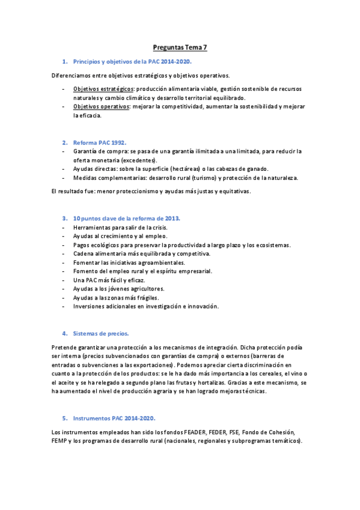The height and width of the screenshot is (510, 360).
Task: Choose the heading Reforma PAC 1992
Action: (x=99, y=143)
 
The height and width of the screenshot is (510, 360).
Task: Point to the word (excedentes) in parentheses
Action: (x=138, y=160)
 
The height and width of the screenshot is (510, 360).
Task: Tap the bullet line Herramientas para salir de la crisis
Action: (x=120, y=227)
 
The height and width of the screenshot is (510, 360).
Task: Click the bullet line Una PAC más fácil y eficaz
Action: (x=109, y=280)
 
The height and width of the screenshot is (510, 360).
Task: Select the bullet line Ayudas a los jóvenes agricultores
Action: (x=118, y=289)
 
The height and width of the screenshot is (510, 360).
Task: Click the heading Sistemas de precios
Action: (x=100, y=333)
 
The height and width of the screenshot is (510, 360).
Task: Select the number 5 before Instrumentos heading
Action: (x=64, y=417)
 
